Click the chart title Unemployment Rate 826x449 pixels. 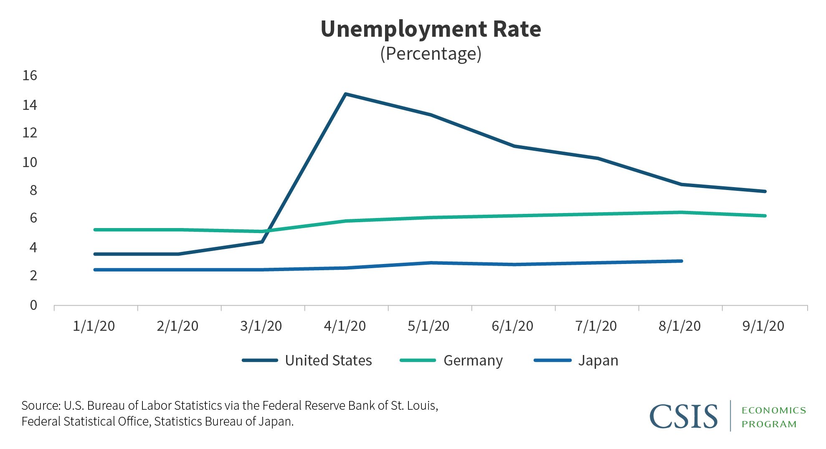point(431,29)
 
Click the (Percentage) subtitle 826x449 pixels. point(431,54)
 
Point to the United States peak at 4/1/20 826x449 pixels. point(345,94)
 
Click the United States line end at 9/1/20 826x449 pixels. point(765,191)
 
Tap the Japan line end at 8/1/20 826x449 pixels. point(681,261)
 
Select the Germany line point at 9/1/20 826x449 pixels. point(765,216)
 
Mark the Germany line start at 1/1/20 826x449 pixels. point(95,230)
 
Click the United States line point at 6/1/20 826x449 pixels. point(514,146)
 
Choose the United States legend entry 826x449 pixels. point(307,360)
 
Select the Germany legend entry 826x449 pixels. point(451,360)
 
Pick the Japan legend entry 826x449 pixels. point(576,360)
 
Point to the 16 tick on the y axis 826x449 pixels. point(30,76)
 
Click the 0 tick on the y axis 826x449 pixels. point(33,305)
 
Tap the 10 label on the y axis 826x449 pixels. point(30,162)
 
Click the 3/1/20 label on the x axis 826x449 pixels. point(261,326)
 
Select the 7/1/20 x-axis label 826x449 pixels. point(596,326)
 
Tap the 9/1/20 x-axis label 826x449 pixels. point(763,326)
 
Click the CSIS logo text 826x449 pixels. point(684,416)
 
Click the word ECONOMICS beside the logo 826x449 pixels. point(774,410)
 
